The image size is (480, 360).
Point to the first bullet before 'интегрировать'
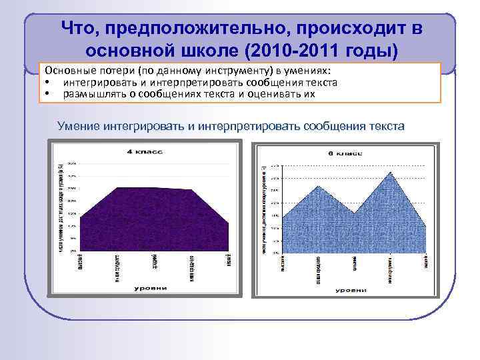pyautogui.click(x=49, y=83)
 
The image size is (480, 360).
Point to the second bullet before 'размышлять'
pyautogui.click(x=49, y=94)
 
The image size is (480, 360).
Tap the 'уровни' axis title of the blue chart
pyautogui.click(x=350, y=291)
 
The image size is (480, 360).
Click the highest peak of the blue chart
pyautogui.click(x=389, y=173)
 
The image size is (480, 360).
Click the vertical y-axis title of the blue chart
pyautogui.click(x=265, y=207)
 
